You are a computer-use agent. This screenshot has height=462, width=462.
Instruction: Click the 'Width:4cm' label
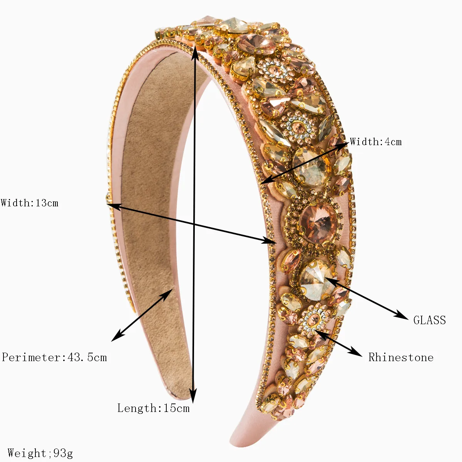[x=375, y=142]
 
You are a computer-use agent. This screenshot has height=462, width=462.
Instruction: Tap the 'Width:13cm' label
[x=30, y=203]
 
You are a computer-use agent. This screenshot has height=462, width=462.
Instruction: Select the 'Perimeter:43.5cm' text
[x=54, y=357]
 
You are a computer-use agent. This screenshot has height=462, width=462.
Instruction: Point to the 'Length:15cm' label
[x=154, y=408]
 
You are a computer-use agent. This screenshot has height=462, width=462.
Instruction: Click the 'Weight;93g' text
[x=40, y=453]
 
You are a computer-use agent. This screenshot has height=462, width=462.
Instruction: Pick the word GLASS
[x=429, y=320]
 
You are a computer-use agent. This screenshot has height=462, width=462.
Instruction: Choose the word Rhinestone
[x=401, y=357]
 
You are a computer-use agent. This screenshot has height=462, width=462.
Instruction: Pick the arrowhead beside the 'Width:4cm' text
[x=342, y=144]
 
